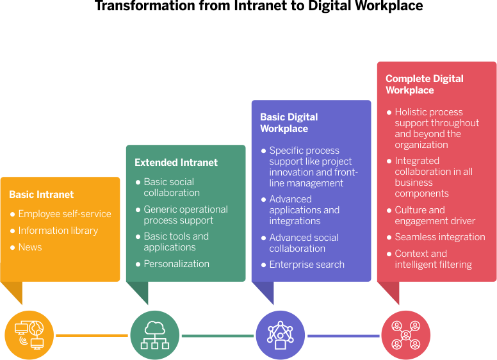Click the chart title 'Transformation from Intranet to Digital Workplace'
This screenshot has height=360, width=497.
259,6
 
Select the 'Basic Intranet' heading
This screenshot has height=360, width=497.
42,195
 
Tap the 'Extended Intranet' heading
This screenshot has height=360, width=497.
176,163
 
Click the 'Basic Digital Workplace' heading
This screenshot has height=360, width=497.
289,123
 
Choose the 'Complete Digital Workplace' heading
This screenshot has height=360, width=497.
425,85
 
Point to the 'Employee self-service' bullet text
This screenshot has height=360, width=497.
65,214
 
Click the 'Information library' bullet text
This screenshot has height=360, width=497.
58,231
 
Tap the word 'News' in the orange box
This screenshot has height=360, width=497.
30,247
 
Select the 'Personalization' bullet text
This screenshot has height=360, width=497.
177,264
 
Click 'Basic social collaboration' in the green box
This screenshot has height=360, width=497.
172,187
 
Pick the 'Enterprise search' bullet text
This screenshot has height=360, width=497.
307,265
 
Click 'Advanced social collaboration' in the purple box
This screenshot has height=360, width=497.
304,243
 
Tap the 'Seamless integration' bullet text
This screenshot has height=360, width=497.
440,237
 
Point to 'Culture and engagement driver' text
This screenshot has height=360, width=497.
435,215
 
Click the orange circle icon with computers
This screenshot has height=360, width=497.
29,335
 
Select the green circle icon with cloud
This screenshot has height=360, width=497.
155,335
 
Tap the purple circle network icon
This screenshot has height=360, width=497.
281,335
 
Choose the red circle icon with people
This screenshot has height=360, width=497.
406,335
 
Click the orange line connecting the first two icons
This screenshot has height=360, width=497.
92,335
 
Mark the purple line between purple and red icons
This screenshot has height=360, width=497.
343,335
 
